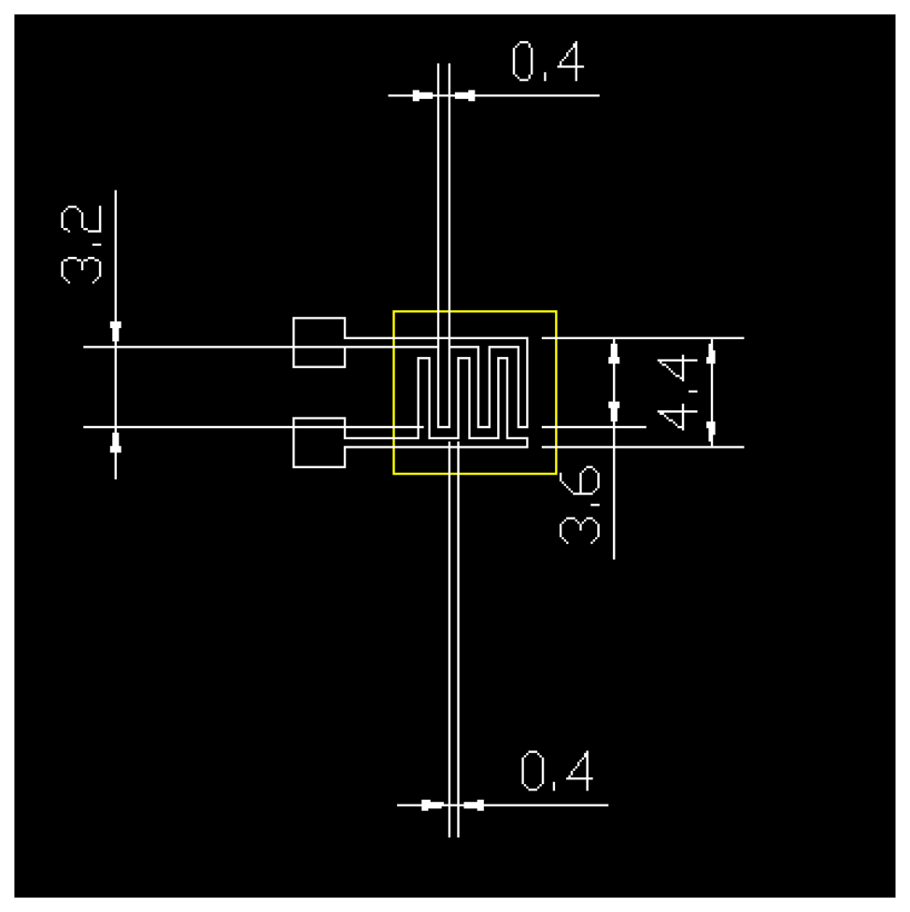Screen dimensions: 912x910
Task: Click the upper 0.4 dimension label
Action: (548, 63)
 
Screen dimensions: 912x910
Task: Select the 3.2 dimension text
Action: (78, 246)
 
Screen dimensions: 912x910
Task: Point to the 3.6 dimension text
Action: (579, 506)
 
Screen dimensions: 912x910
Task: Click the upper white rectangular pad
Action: (319, 343)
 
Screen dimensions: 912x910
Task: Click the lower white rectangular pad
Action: (319, 442)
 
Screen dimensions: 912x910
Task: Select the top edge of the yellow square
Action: (475, 311)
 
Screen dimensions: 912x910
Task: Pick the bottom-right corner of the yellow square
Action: (556, 474)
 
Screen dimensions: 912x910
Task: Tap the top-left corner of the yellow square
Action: (394, 311)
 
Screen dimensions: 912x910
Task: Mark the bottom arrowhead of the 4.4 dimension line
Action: (712, 431)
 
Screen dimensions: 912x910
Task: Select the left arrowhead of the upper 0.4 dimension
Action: (423, 95)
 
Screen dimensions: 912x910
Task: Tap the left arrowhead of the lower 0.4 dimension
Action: (431, 805)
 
